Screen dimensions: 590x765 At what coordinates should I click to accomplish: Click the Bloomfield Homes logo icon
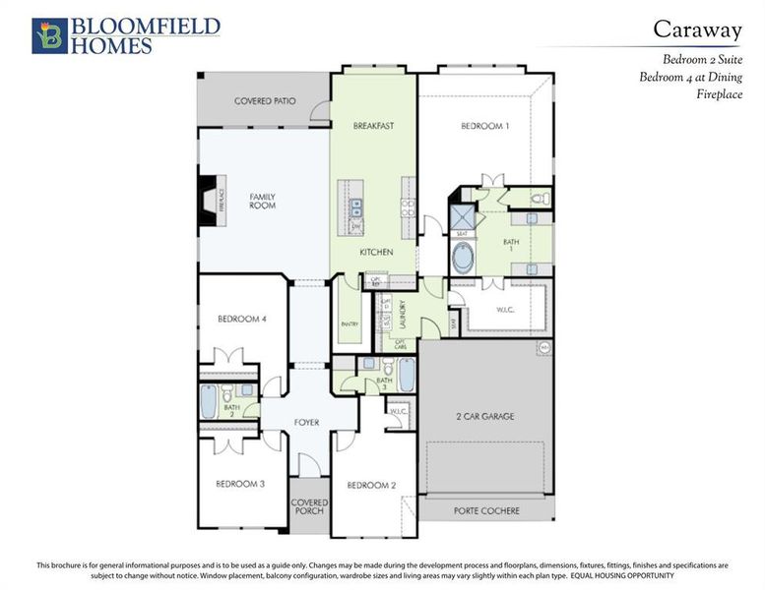click(47, 35)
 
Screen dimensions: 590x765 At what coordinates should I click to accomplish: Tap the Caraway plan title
click(697, 29)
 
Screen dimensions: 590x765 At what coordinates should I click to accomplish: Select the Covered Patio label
click(265, 101)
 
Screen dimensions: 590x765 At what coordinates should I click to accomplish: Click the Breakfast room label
click(373, 126)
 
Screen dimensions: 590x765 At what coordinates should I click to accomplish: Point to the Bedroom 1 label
click(485, 126)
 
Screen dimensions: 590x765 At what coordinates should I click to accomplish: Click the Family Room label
click(262, 201)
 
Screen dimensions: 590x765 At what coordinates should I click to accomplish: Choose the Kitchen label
click(376, 252)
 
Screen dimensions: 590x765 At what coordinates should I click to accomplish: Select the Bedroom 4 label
click(242, 319)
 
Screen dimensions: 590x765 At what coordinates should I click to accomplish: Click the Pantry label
click(350, 324)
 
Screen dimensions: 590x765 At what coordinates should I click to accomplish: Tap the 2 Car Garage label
click(484, 416)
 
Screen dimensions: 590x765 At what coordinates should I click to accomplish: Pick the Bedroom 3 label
click(241, 483)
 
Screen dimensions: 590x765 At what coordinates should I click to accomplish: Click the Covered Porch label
click(309, 508)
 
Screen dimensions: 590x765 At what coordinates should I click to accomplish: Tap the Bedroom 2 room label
click(371, 485)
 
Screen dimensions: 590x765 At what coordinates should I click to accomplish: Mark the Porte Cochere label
click(486, 510)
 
